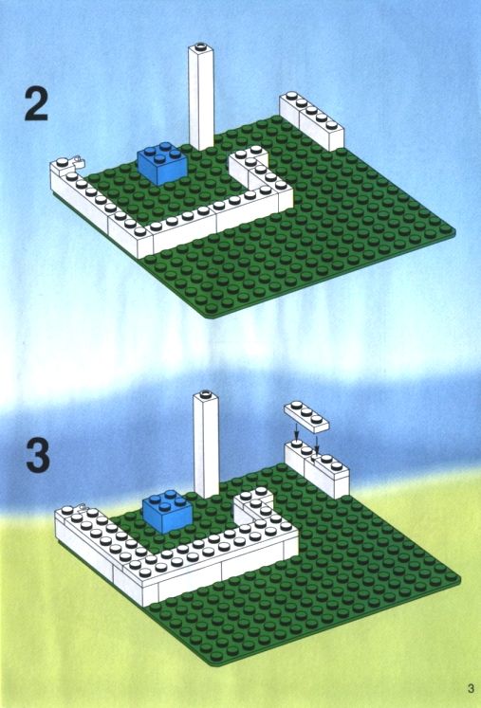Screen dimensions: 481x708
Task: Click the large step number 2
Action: [x=36, y=104]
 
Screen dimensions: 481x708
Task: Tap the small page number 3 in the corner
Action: [x=472, y=689]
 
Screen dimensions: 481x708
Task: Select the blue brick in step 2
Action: [x=162, y=163]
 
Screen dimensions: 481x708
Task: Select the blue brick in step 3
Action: [x=168, y=511]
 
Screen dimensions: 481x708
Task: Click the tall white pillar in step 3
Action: [x=206, y=445]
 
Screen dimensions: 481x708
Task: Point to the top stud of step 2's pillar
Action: [x=201, y=45]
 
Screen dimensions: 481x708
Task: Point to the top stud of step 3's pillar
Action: [x=206, y=392]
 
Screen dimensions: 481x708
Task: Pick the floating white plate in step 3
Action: [x=306, y=417]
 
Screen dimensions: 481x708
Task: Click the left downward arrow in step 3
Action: [x=296, y=430]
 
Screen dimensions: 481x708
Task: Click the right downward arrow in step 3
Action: [x=317, y=445]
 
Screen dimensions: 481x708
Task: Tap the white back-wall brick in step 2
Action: [x=311, y=121]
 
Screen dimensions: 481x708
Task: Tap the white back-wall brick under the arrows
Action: [x=317, y=469]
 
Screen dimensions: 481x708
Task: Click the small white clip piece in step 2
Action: [x=78, y=160]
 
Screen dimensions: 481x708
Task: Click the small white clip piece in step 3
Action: [x=83, y=508]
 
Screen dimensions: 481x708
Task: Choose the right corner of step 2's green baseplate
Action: [x=453, y=231]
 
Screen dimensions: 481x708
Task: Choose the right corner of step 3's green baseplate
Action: [x=458, y=579]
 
